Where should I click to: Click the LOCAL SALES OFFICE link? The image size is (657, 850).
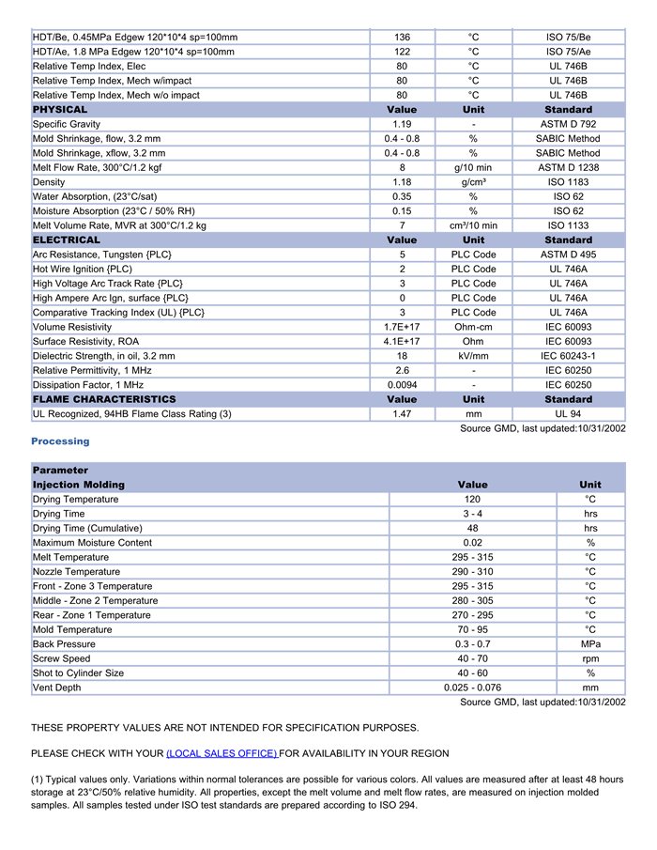coord(222,753)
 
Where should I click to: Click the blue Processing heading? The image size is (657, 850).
coord(60,441)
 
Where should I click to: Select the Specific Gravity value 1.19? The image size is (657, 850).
coord(402,124)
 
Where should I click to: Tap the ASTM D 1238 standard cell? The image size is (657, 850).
coord(568,167)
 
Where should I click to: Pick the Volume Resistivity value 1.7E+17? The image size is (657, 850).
coord(402,327)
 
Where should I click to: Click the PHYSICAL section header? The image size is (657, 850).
coord(60,110)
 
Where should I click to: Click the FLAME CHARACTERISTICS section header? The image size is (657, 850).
coord(104,399)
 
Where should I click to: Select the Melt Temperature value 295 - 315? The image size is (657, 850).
coord(472,557)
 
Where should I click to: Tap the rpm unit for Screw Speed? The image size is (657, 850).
coord(590,658)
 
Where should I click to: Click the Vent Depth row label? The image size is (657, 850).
coord(57,688)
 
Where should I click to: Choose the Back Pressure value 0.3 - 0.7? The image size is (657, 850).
coord(472,644)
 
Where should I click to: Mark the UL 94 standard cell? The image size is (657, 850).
coord(568,413)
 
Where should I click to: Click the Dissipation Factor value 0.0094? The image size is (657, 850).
coord(402,385)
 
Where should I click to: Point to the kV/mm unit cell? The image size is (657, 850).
coord(474,356)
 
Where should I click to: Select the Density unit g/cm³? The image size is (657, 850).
coord(474,182)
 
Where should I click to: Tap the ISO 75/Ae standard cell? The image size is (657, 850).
coord(568,52)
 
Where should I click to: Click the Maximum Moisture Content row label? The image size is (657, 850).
coord(92,543)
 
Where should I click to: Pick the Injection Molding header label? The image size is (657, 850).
coord(79,485)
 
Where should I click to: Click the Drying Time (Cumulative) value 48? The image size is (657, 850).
coord(472,528)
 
